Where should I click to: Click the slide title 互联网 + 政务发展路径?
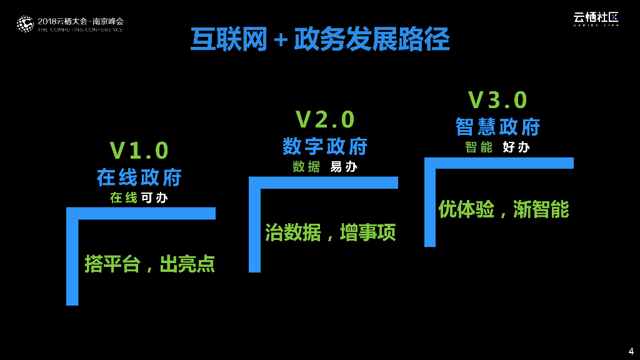tap(320, 39)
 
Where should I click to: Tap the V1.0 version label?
tap(139, 151)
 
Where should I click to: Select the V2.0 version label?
tap(325, 119)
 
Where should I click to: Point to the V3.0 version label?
tap(498, 100)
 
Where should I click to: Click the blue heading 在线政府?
tap(139, 177)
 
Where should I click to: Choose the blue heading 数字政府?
tap(325, 146)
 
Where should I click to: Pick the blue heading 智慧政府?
tap(498, 127)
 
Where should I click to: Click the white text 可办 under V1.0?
tap(154, 198)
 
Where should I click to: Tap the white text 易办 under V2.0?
tap(344, 167)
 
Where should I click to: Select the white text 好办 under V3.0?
tap(516, 147)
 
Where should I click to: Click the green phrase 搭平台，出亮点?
tap(150, 264)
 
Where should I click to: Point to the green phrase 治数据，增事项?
tap(331, 232)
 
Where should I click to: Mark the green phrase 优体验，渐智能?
tap(504, 209)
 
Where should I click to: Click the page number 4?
tap(631, 350)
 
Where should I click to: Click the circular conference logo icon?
tap(24, 24)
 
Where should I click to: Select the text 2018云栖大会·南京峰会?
tap(81, 21)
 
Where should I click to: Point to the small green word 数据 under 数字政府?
tap(306, 167)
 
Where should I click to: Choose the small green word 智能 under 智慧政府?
tap(479, 147)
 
